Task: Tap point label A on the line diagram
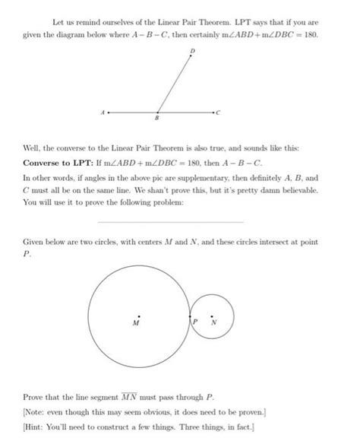[x=102, y=111]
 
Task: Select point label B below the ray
[x=156, y=119]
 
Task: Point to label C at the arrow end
[x=219, y=113]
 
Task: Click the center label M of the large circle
[x=137, y=322]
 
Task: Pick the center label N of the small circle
[x=213, y=322]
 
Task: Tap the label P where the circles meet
[x=195, y=322]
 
